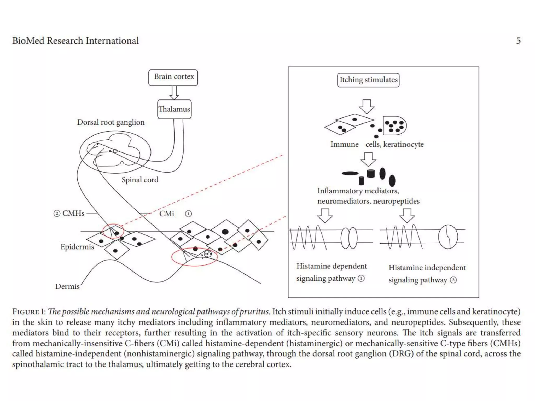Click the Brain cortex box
[x=173, y=78]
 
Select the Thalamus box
[x=174, y=109]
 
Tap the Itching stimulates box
[x=368, y=80]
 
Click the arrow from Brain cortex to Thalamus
[x=174, y=93]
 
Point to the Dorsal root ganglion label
[x=111, y=122]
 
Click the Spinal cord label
[x=140, y=180]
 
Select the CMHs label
[x=73, y=213]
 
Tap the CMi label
[x=167, y=214]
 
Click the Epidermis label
[x=77, y=247]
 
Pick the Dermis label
[x=67, y=286]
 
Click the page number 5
[x=518, y=41]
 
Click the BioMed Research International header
[x=75, y=41]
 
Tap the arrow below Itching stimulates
[x=367, y=107]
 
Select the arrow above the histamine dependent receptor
[x=325, y=215]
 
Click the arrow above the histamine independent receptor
[x=407, y=215]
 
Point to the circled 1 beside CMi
[x=188, y=214]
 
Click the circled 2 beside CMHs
[x=57, y=214]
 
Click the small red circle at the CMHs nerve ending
[x=113, y=231]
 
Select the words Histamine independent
[x=427, y=268]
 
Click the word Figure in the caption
[x=26, y=312]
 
